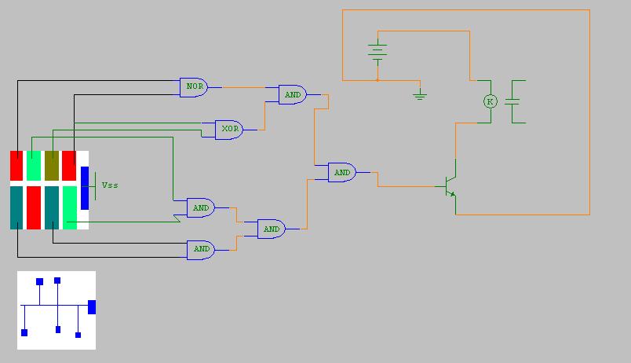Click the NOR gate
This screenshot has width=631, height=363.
click(193, 87)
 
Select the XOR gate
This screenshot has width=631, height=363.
click(228, 129)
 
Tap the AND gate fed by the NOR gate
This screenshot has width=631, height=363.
click(293, 94)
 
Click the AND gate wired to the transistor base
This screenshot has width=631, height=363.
click(342, 172)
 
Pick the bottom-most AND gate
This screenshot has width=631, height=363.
click(201, 249)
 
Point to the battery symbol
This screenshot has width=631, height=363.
click(378, 51)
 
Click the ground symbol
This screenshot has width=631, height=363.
click(420, 95)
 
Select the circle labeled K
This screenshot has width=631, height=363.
click(490, 101)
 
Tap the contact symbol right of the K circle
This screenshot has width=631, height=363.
click(515, 101)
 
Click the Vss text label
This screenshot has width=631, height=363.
click(110, 185)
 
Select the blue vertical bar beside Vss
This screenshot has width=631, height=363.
click(85, 187)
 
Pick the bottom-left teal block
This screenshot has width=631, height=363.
click(16, 207)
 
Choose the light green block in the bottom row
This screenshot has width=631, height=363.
click(70, 207)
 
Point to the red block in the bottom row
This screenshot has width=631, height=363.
click(34, 207)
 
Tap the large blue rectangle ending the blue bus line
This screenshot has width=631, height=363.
click(92, 306)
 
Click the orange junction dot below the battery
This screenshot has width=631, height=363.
click(378, 79)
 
